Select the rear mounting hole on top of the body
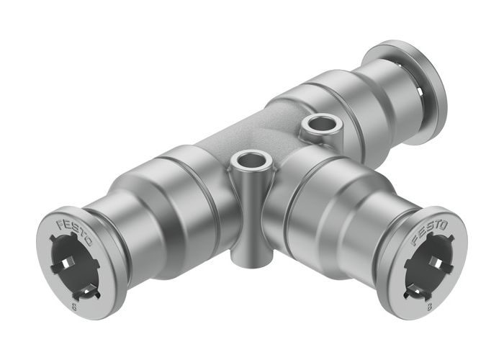click(317, 126)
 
